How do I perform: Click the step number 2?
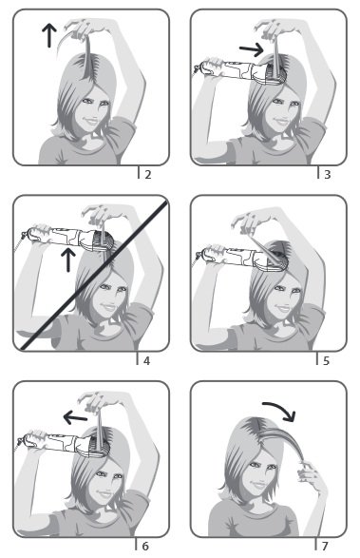click(x=148, y=174)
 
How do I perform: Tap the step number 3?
click(x=328, y=174)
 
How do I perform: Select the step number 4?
click(x=146, y=361)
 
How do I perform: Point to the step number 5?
click(x=326, y=361)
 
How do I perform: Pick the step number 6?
click(x=145, y=546)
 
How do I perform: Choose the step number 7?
click(x=325, y=546)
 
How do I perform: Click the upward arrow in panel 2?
click(x=49, y=35)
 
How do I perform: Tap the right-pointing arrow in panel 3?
click(x=251, y=49)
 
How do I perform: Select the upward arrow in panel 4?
click(x=68, y=260)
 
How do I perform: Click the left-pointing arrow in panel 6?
click(x=75, y=416)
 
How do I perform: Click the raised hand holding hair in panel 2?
click(x=83, y=28)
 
